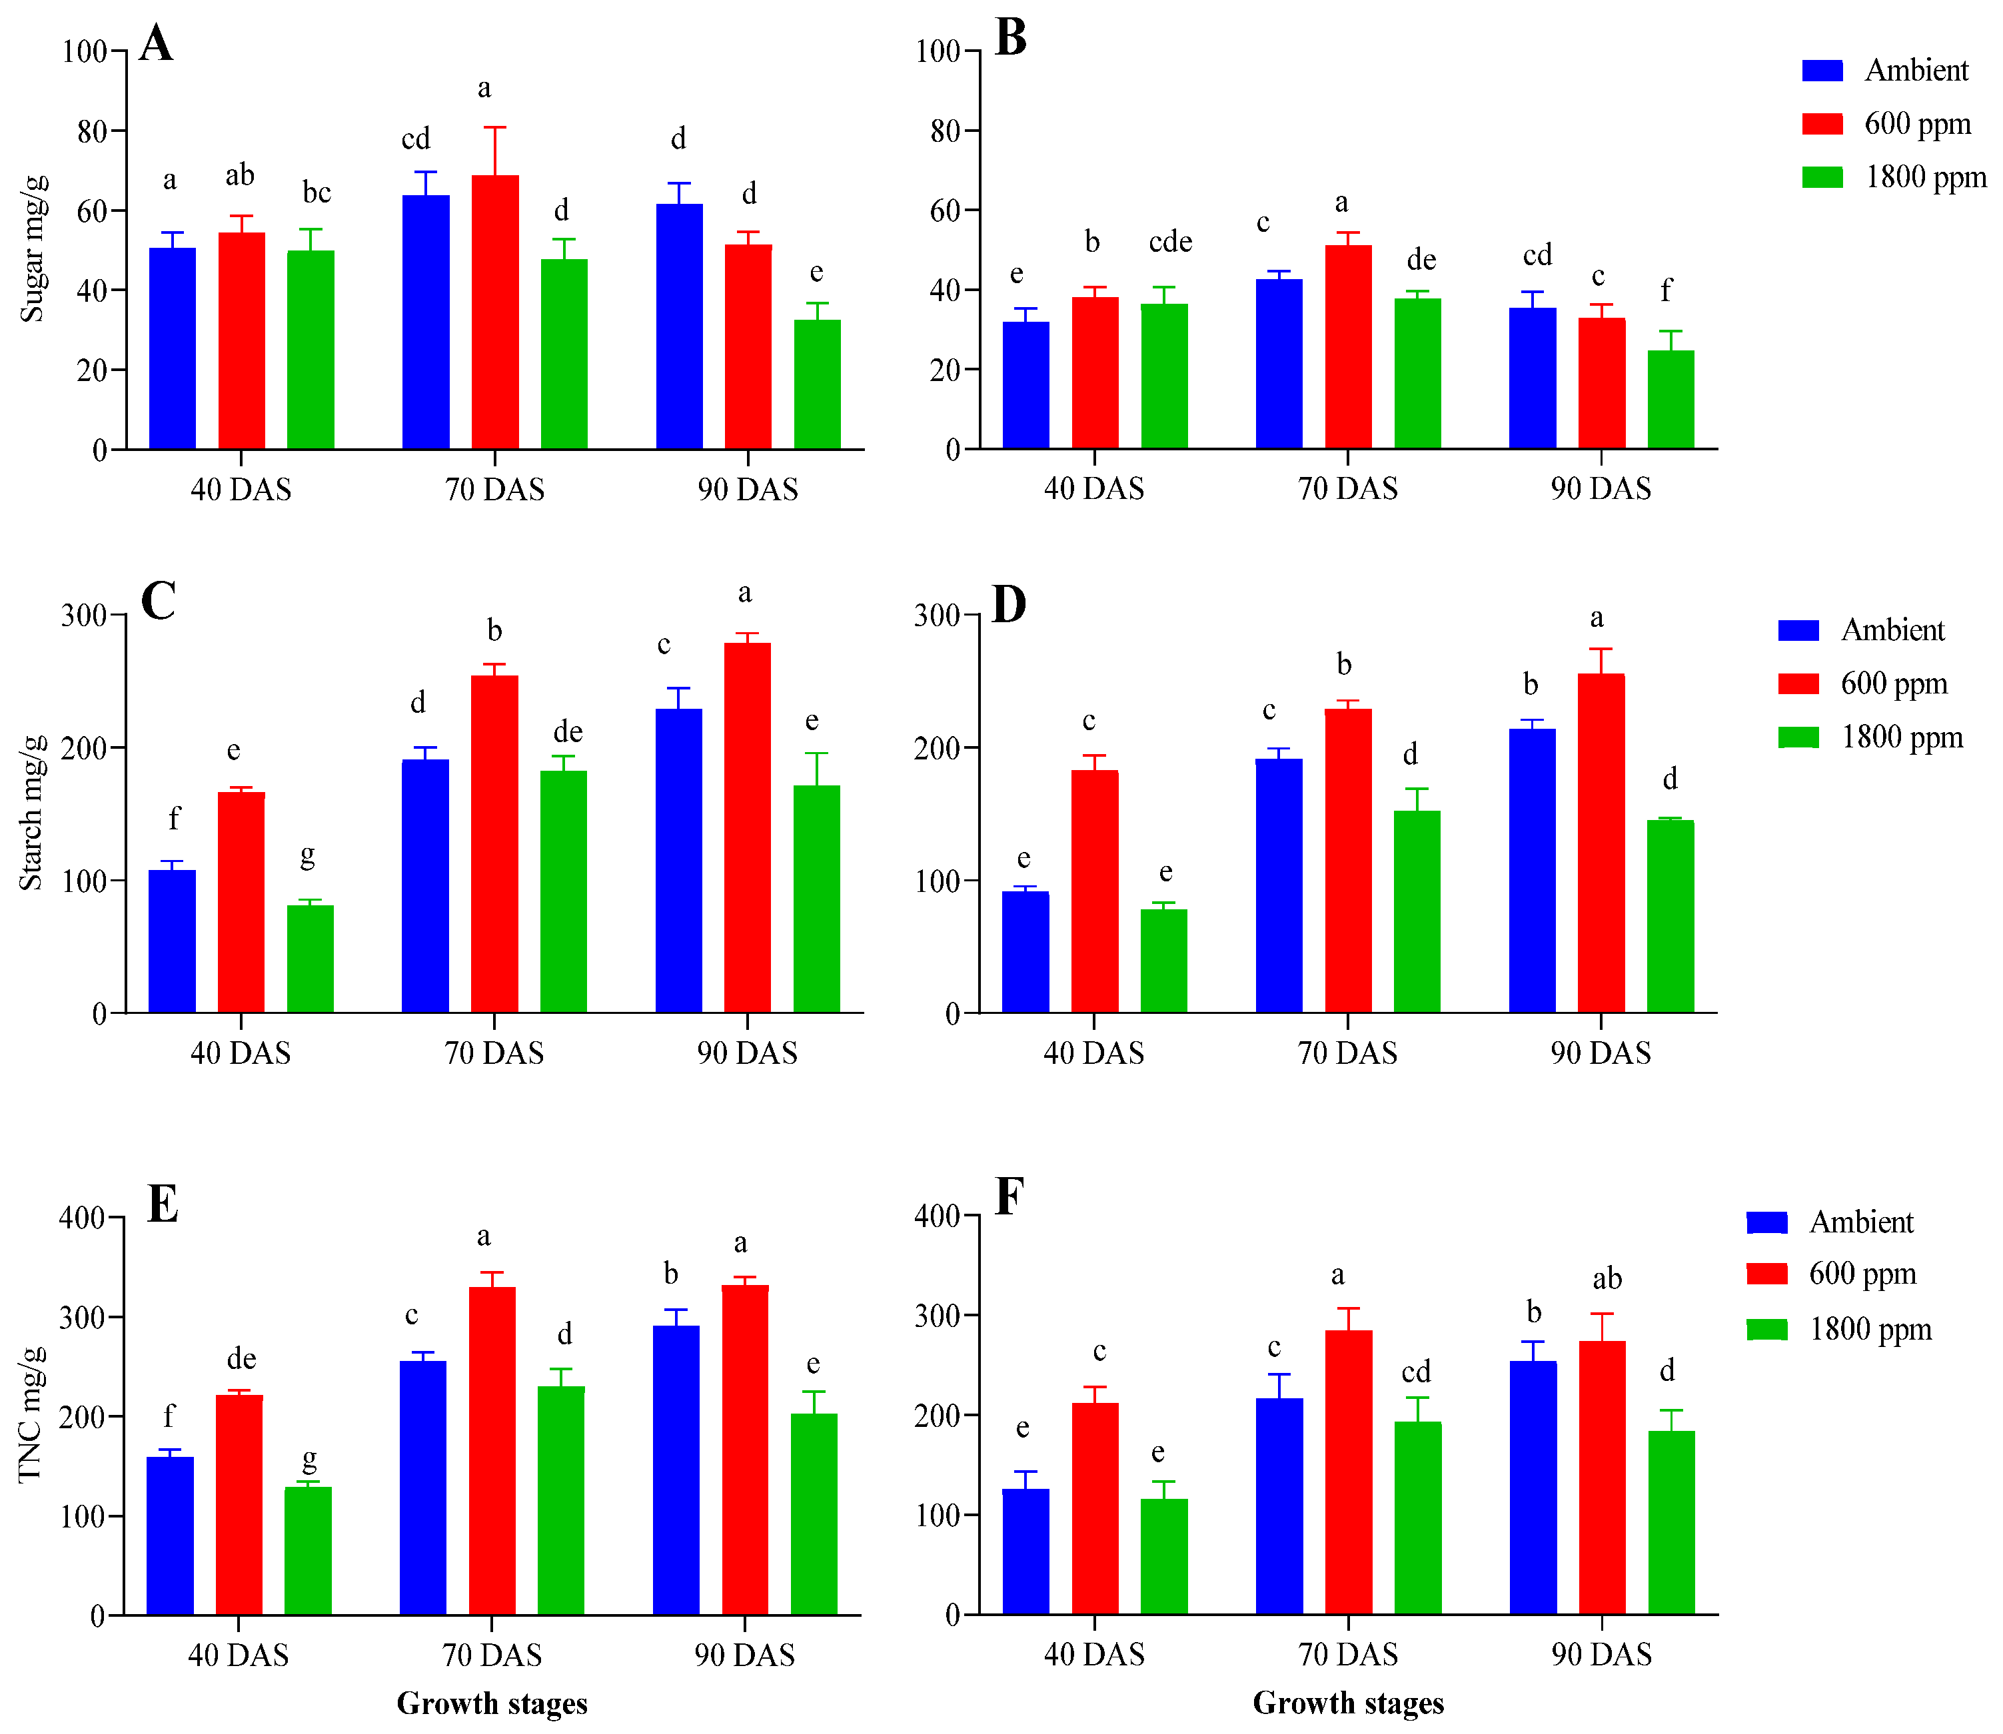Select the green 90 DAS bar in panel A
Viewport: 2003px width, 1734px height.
click(x=817, y=384)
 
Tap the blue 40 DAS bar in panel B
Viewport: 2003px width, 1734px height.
click(x=1025, y=385)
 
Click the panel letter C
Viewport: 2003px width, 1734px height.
click(x=158, y=601)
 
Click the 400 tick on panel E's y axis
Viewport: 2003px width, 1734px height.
click(x=82, y=1217)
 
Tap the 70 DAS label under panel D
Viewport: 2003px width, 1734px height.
click(x=1347, y=1053)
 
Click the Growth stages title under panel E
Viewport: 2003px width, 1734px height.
click(x=492, y=1703)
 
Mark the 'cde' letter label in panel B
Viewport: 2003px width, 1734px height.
click(x=1170, y=242)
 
